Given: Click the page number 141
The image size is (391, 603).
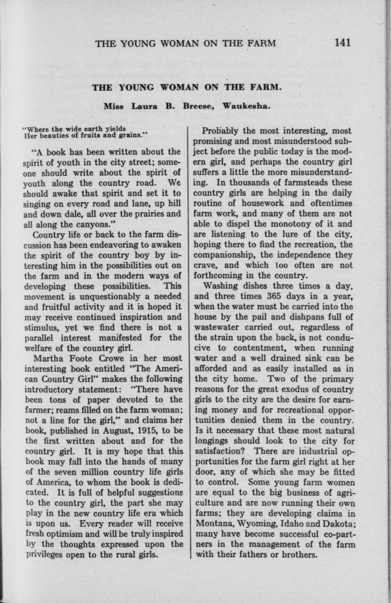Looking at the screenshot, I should [343, 43].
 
